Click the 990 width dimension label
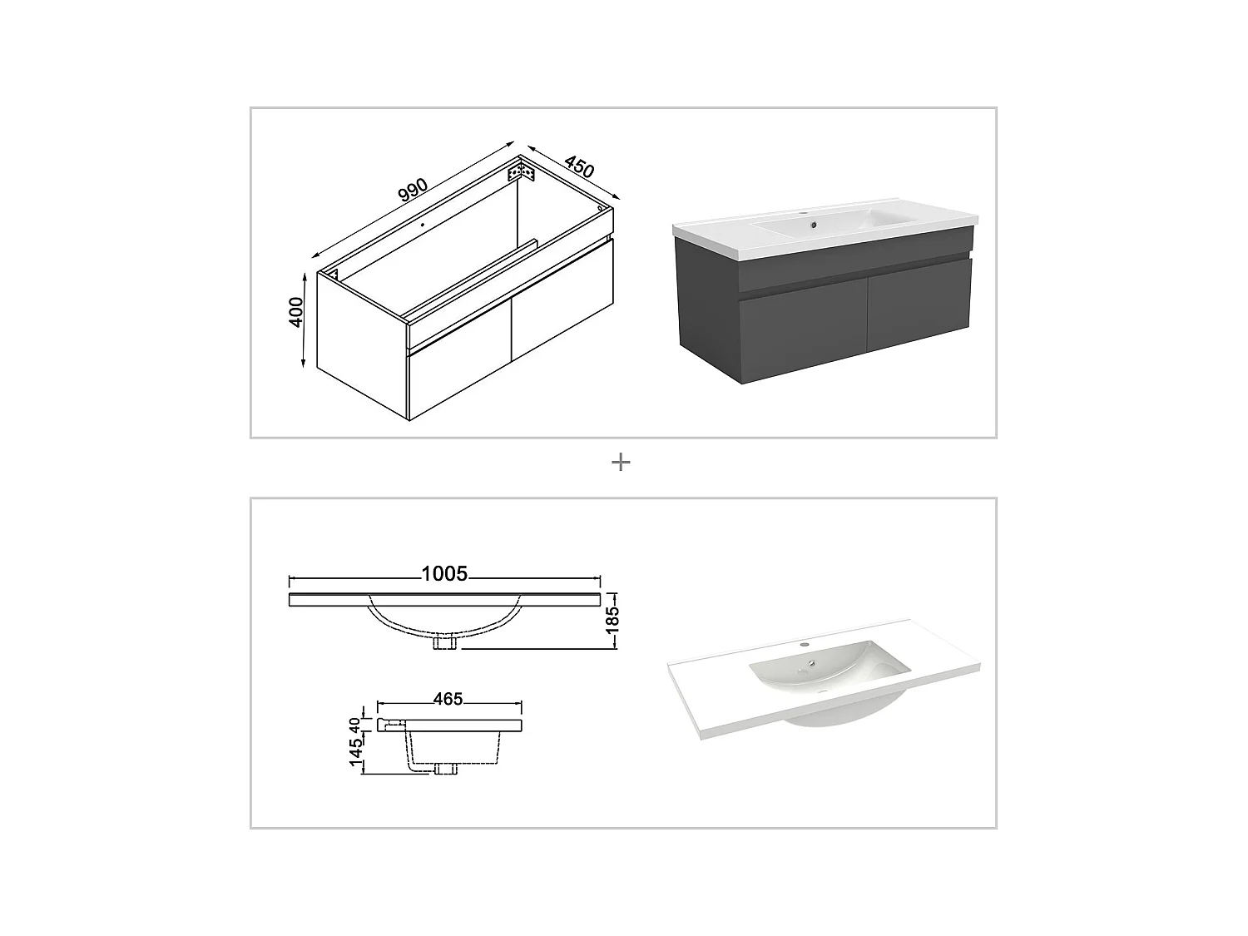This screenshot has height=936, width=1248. [x=413, y=191]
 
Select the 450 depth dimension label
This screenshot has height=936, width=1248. [x=578, y=166]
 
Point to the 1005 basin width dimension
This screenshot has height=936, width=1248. [x=444, y=574]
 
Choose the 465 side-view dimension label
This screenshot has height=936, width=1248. [x=448, y=699]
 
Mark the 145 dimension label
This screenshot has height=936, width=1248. [x=356, y=752]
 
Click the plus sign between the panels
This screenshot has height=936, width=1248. [x=621, y=462]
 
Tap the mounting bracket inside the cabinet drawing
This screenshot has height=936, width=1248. [x=521, y=173]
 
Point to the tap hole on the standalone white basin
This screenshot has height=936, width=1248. [x=805, y=645]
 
